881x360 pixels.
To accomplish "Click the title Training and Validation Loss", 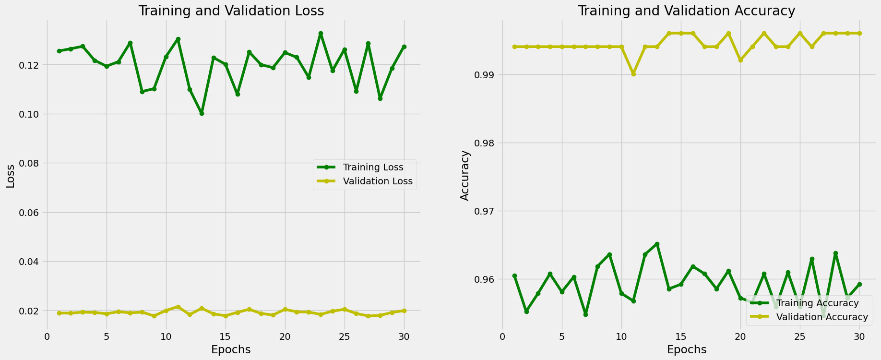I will click(231, 11).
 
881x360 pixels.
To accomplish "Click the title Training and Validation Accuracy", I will click(686, 11).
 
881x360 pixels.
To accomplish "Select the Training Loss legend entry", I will click(372, 168).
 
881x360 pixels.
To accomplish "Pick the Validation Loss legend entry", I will click(377, 181).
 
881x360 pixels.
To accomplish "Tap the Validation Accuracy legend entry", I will click(821, 317).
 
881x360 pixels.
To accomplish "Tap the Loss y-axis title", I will click(10, 180).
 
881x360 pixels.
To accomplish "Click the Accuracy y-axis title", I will click(464, 175).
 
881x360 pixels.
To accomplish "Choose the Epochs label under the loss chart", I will click(231, 349).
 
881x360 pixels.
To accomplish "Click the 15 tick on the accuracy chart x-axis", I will click(681, 336).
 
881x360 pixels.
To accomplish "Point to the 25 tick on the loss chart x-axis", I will click(345, 336).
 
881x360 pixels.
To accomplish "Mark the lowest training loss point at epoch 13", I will click(202, 113).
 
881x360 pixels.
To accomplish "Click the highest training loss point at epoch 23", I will click(321, 34).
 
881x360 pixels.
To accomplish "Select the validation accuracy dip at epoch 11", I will click(633, 74).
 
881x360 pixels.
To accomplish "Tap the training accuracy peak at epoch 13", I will click(657, 244).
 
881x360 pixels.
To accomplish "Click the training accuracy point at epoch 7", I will click(585, 314).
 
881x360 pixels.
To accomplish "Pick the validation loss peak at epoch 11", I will click(178, 307).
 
